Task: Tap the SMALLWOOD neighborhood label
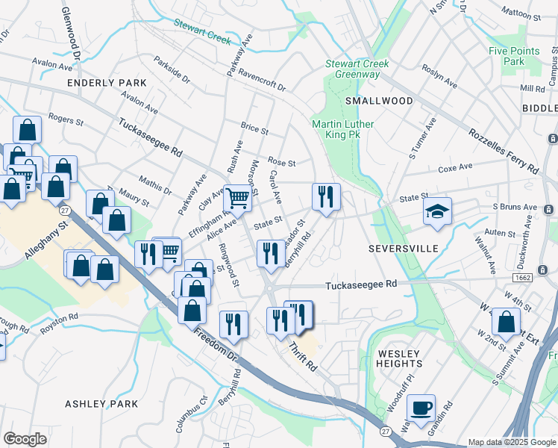(379, 101)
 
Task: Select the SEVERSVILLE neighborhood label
(404, 247)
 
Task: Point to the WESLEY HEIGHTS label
(400, 358)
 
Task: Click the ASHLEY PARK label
(101, 404)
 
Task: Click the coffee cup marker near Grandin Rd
(421, 408)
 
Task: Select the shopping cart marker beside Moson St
(238, 199)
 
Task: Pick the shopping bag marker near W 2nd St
(507, 322)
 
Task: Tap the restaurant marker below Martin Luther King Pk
(326, 197)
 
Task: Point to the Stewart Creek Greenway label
(357, 69)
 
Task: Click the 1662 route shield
(521, 277)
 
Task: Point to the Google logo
(25, 439)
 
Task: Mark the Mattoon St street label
(521, 13)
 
